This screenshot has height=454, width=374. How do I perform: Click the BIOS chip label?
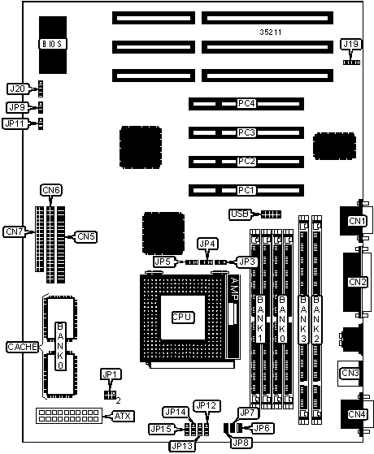[53, 44]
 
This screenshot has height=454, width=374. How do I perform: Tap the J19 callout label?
[350, 45]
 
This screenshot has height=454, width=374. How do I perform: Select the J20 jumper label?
[17, 89]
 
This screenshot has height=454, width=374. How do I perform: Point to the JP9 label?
[17, 107]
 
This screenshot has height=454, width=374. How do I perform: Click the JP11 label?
[15, 123]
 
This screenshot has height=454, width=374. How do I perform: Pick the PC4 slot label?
[246, 103]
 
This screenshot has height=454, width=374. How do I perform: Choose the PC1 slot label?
[246, 190]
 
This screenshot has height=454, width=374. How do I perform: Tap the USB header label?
[240, 214]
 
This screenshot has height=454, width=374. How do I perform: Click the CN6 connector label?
[51, 190]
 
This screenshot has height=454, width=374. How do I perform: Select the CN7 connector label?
[14, 231]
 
